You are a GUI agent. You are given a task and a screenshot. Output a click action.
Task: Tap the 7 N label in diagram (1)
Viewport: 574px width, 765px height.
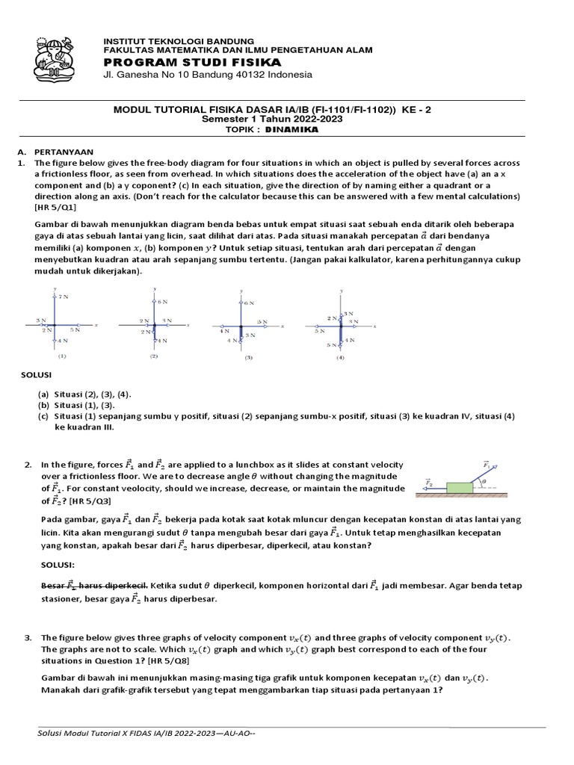coord(64,297)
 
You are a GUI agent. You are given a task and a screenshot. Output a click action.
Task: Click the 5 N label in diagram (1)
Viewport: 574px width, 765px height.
coord(75,329)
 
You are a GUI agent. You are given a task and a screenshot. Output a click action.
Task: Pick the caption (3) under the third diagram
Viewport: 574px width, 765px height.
coord(248,357)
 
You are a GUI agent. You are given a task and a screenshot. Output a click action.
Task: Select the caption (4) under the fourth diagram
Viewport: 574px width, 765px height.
coord(340,357)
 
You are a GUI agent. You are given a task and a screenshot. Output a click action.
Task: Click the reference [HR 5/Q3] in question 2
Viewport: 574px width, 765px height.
coord(91,501)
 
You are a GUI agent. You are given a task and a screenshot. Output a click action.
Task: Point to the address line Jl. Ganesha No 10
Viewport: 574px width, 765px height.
coord(207,75)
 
